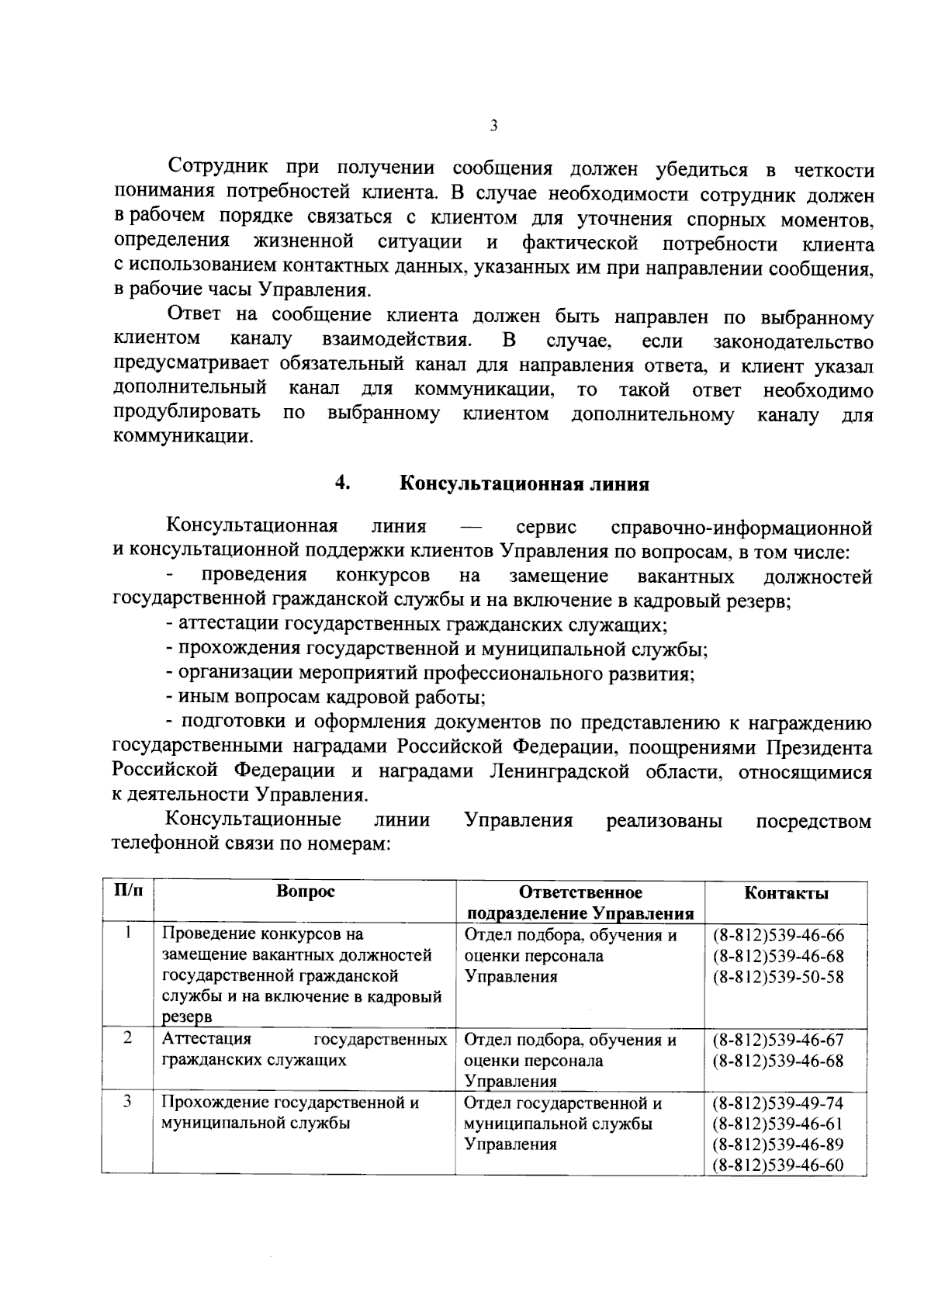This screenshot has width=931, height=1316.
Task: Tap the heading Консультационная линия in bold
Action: tap(524, 484)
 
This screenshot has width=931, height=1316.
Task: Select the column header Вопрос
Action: tap(306, 892)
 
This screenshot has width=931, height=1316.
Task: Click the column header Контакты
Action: tap(786, 893)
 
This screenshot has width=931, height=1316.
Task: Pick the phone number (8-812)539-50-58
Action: tap(778, 977)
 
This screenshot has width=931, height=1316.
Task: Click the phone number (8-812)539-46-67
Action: tap(778, 1040)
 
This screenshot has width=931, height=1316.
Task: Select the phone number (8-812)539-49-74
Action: tap(778, 1103)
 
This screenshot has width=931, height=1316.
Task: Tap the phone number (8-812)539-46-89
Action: tap(778, 1145)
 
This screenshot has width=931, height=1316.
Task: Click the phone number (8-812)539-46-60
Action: tap(778, 1165)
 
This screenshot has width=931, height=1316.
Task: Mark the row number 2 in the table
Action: tap(127, 1037)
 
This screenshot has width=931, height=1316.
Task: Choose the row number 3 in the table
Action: tap(127, 1100)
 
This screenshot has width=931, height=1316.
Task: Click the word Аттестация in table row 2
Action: tap(206, 1040)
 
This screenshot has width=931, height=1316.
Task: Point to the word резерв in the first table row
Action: tap(186, 1018)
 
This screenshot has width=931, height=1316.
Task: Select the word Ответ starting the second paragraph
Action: tap(194, 314)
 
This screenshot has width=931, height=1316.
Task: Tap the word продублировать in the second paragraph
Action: tap(186, 414)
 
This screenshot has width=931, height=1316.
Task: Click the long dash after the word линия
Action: tap(471, 528)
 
